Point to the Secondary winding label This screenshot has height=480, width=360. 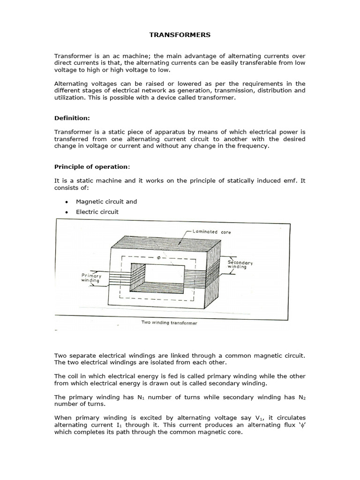[x=240, y=265]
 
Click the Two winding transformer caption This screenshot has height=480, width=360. [x=169, y=323]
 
